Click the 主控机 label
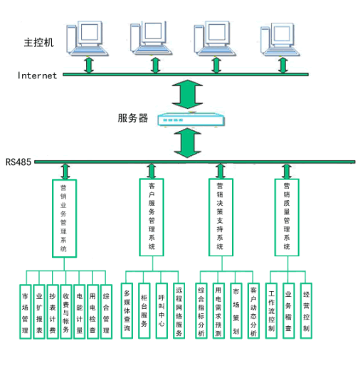(38, 43)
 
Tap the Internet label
(37, 75)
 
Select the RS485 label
(18, 162)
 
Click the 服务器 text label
(133, 118)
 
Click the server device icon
(191, 119)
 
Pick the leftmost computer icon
(88, 38)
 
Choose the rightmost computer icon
(280, 39)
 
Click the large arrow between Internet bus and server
(187, 94)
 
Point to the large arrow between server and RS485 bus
(187, 142)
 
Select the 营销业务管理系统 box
(64, 219)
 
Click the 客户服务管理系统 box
(152, 217)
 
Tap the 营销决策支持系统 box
(221, 217)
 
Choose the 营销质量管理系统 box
(287, 217)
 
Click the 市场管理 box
(26, 312)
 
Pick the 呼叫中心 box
(162, 311)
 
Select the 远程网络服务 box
(179, 311)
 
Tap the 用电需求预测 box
(218, 311)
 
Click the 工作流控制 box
(271, 311)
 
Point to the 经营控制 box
(306, 311)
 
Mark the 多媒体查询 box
(127, 311)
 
